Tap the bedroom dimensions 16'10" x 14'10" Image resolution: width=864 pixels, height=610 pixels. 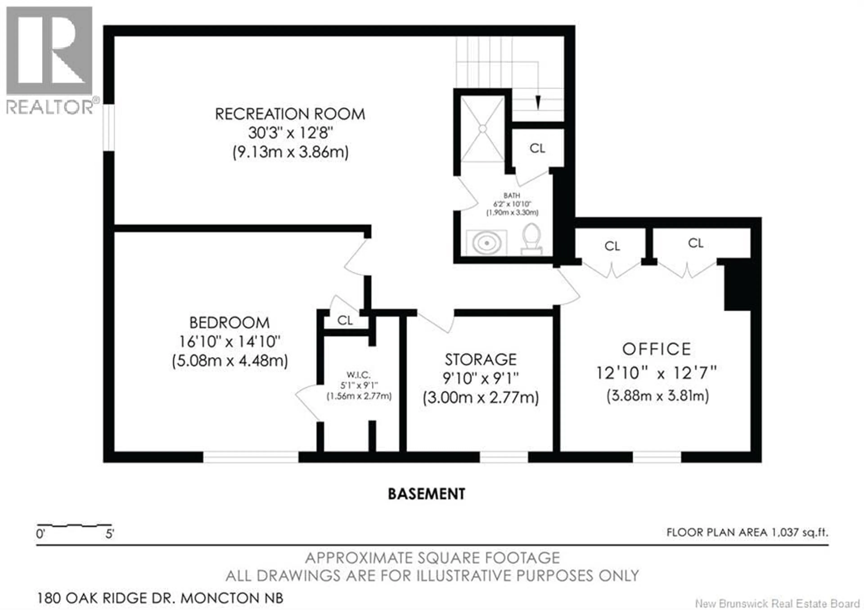(x=229, y=342)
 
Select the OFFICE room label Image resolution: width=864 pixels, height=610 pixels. (x=657, y=349)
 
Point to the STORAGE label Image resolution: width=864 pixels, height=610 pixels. (x=481, y=360)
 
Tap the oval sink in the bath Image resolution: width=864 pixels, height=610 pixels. (x=487, y=243)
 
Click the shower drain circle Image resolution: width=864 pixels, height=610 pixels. (x=482, y=129)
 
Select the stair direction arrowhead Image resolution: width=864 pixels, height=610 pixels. (x=538, y=102)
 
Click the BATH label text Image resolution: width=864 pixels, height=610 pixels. (x=512, y=196)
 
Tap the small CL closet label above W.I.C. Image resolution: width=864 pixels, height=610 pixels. (x=345, y=321)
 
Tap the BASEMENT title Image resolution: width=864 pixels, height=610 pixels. (x=426, y=494)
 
